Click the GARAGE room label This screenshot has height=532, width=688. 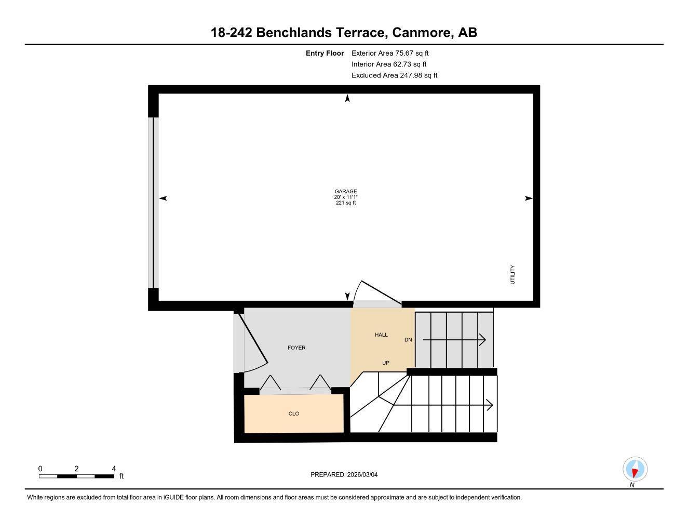[x=345, y=191]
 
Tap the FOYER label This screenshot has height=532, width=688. [x=296, y=348]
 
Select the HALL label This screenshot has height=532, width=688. [x=381, y=335]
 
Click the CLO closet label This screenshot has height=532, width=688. [x=293, y=414]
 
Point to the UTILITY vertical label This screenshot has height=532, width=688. [x=512, y=275]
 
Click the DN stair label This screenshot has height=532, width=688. [x=408, y=340]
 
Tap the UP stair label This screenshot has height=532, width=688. [x=385, y=363]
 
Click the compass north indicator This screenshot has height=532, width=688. [x=635, y=470]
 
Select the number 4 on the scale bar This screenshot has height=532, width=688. [x=114, y=469]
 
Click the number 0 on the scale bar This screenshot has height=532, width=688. [x=40, y=469]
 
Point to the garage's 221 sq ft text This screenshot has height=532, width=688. [x=345, y=203]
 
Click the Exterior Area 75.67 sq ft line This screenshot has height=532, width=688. [x=389, y=53]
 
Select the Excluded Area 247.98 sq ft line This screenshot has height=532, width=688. [x=394, y=75]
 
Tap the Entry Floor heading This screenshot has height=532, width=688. [x=325, y=53]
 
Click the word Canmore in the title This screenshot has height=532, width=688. [x=421, y=32]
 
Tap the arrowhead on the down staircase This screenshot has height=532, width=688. [x=482, y=340]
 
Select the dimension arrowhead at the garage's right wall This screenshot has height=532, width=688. [x=529, y=198]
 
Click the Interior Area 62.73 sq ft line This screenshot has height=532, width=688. [x=388, y=64]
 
